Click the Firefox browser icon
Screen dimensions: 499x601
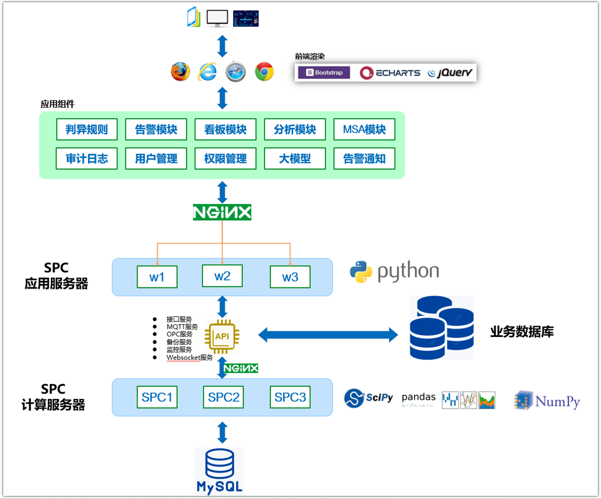click(180, 72)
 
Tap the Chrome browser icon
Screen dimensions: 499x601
click(264, 72)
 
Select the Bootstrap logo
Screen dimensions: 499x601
click(323, 73)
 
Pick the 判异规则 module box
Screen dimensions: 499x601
click(87, 129)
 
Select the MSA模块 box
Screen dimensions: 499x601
click(364, 129)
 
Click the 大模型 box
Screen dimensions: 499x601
click(295, 159)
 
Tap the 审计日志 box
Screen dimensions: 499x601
click(87, 159)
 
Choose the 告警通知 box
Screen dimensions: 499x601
click(364, 159)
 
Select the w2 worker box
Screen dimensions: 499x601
click(222, 276)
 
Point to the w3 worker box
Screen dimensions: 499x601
click(290, 277)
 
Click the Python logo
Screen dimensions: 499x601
click(394, 272)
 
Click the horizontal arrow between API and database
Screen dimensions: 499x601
click(327, 333)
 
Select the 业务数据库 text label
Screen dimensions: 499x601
click(521, 332)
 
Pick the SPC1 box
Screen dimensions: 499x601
click(157, 397)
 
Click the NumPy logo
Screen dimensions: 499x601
click(547, 401)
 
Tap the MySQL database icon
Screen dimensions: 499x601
click(220, 470)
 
